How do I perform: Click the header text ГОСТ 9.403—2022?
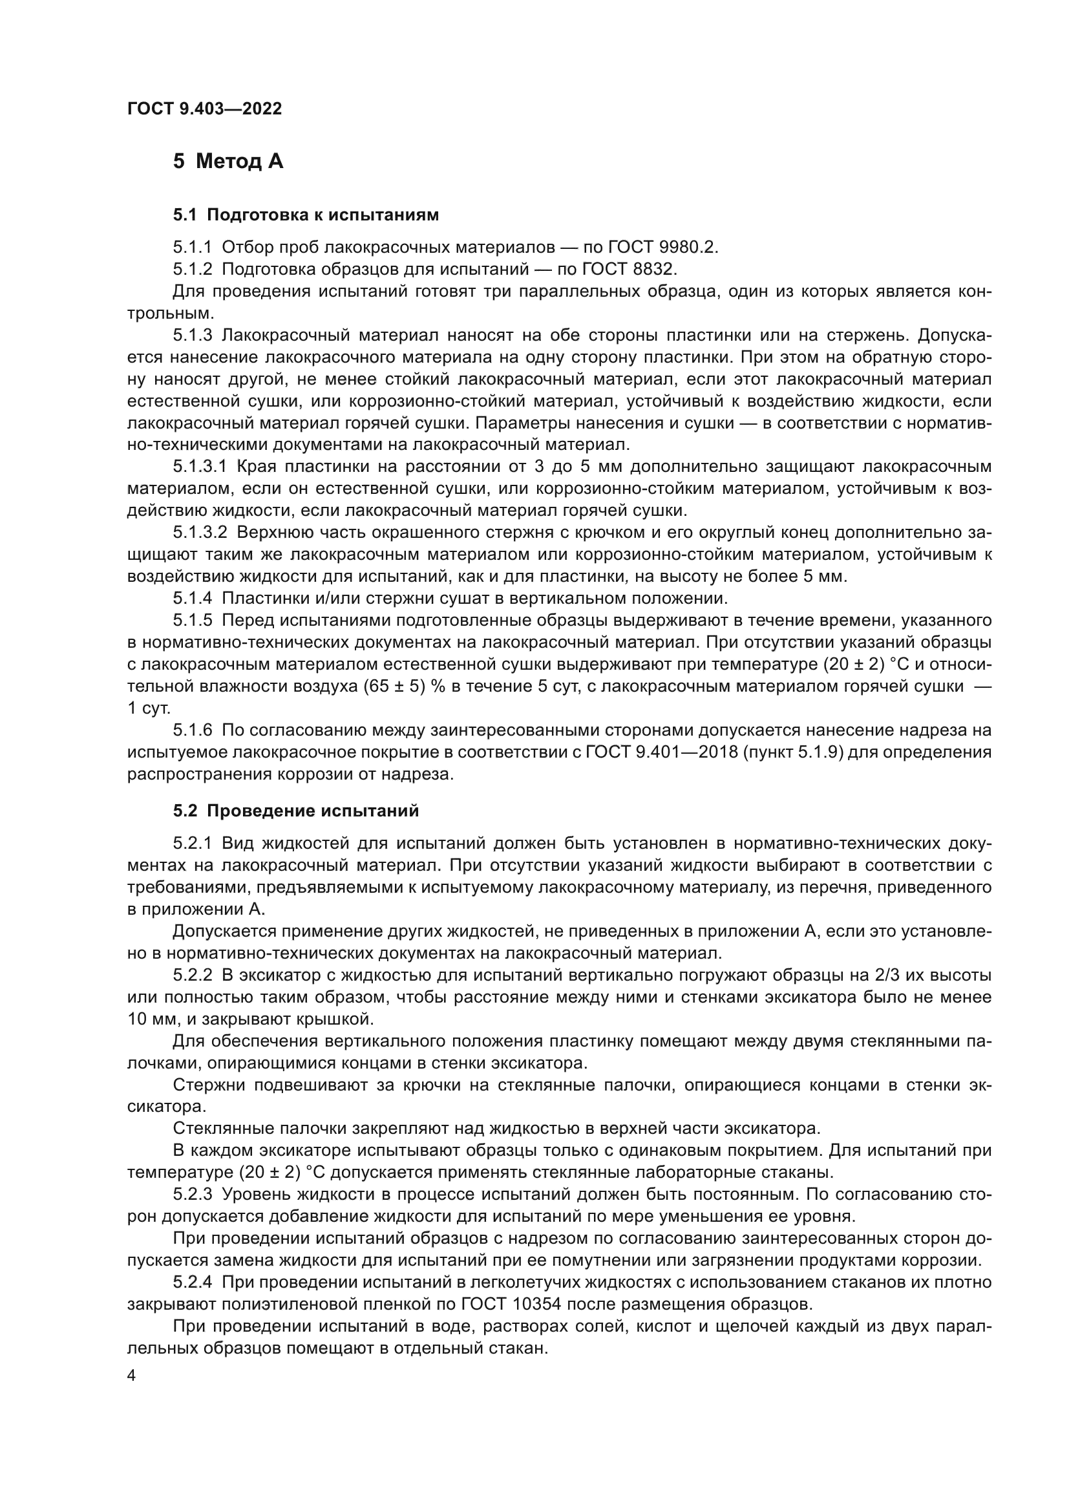coord(204,109)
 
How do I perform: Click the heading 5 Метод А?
coord(228,162)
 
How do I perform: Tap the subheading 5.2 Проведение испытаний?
coord(295,811)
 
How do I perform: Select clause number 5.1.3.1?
coord(200,467)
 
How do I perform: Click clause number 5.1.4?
coord(192,599)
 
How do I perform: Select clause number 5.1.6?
coord(192,730)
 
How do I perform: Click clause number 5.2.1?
coord(192,844)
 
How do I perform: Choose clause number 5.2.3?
coord(192,1195)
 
